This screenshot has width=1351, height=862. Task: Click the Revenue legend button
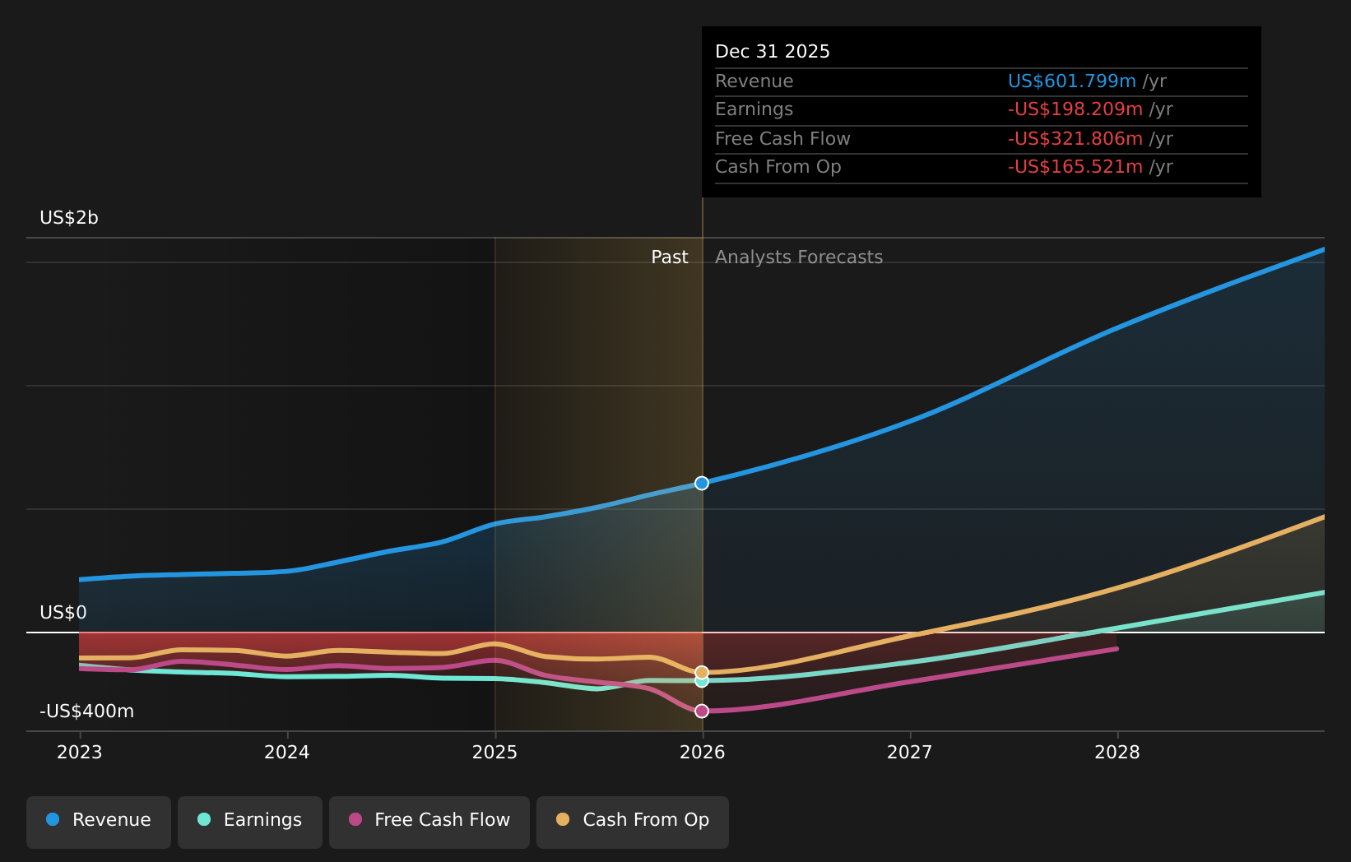tap(99, 820)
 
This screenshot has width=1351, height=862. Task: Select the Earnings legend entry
tap(250, 820)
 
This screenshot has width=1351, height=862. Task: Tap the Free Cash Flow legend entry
tap(429, 820)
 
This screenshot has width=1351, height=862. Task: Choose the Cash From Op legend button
tap(632, 820)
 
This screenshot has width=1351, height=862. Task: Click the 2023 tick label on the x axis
tap(80, 753)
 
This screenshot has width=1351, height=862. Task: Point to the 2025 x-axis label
tap(494, 753)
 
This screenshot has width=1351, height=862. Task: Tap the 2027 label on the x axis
tap(909, 753)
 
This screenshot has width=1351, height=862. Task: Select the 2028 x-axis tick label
tap(1117, 753)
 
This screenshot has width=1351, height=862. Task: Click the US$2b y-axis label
tap(69, 218)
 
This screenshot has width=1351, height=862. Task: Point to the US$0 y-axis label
tap(63, 613)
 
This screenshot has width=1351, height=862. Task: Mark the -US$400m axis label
tap(86, 711)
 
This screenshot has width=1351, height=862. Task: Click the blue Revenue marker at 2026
tap(702, 483)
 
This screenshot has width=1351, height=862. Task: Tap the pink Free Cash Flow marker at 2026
tap(702, 711)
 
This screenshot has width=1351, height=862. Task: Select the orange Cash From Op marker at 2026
tap(702, 672)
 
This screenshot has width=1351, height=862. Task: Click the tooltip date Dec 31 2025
tap(772, 52)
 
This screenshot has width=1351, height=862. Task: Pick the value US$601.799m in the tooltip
tap(1071, 81)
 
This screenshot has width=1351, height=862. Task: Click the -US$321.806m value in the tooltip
tap(1075, 139)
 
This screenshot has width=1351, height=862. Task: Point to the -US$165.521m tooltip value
tap(1075, 167)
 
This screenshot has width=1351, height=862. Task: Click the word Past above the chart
tap(669, 257)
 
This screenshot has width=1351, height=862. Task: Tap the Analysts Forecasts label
tap(798, 257)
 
